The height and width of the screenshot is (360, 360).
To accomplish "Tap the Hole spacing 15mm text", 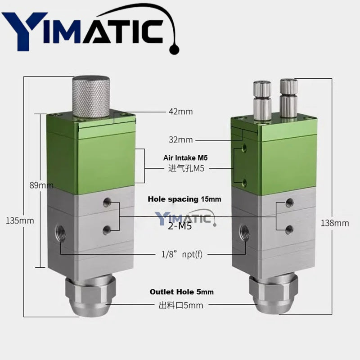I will (184, 198).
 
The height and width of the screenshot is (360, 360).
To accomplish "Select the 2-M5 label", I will (180, 226).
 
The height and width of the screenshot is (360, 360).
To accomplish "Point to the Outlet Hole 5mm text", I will (181, 292).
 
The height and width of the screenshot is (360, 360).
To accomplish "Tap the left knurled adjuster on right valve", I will (262, 101).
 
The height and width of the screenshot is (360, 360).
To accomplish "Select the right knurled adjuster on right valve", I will (288, 99).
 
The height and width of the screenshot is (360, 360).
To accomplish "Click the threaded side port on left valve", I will (60, 232).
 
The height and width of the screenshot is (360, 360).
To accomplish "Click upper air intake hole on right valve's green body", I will (244, 148).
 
